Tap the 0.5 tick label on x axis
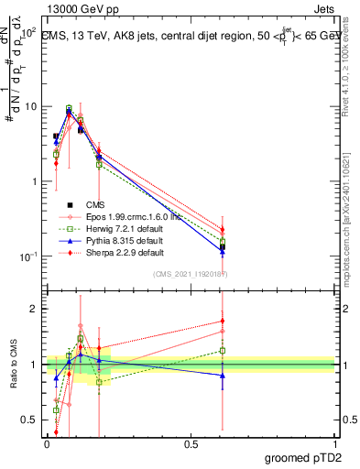coord(191,443)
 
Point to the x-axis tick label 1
coord(334,443)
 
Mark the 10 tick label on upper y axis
coord(30,106)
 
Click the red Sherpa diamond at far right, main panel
coord(223,230)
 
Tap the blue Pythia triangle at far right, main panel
coord(223,251)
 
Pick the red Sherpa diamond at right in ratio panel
coord(223,321)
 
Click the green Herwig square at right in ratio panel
coord(223,350)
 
